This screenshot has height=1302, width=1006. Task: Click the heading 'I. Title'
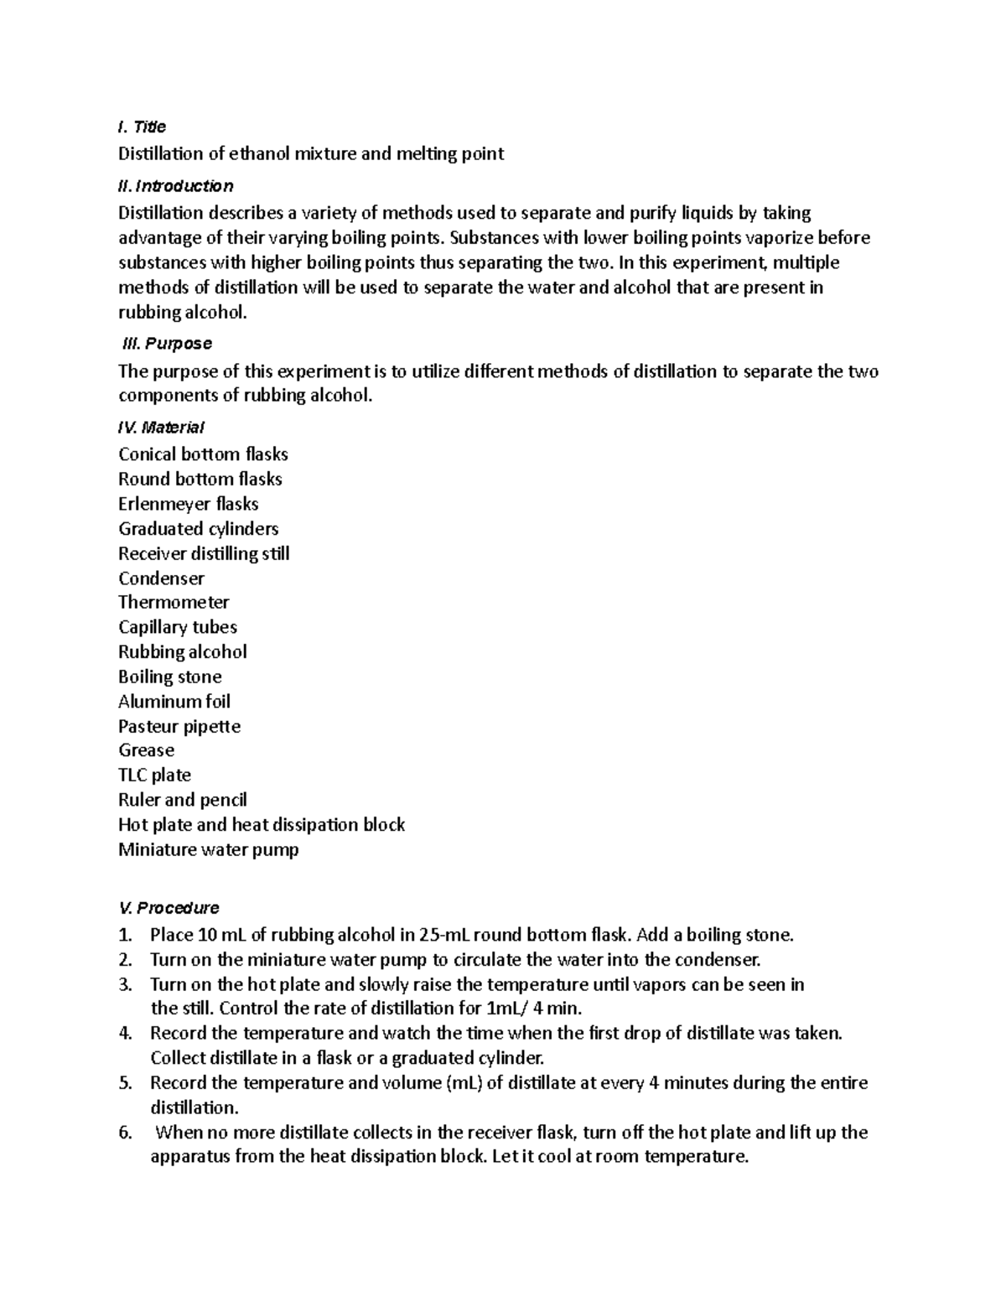coord(142,127)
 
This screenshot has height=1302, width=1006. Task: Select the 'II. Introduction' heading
coord(175,185)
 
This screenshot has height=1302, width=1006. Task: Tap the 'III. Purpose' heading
coord(167,343)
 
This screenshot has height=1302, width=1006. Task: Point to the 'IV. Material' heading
coord(161,427)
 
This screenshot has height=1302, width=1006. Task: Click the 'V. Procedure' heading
coord(169,907)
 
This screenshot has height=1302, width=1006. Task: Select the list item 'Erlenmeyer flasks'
coord(188,504)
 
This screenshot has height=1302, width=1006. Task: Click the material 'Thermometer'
coord(174,602)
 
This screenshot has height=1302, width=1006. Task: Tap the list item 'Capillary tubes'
coord(177,627)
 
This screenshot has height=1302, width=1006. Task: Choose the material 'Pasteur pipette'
coord(179,726)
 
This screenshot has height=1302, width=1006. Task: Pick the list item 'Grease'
coord(146,750)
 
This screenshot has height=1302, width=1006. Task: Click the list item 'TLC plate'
coord(154,775)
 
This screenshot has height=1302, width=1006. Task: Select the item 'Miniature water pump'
coord(208,849)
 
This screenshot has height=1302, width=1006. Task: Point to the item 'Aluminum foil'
coord(174,701)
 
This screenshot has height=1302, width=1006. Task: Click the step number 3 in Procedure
coord(125,983)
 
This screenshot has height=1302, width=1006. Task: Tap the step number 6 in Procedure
coord(125,1132)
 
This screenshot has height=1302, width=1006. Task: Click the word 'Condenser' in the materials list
coord(161,578)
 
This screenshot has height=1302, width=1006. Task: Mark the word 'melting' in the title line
coord(425,153)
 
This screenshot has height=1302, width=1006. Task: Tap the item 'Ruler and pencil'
coord(182,800)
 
